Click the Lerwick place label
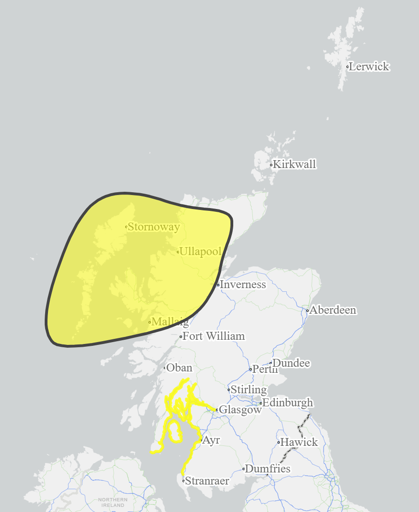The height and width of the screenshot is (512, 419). [x=369, y=67]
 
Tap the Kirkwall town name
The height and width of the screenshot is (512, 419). [x=295, y=164]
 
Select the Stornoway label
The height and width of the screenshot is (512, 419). [x=154, y=227]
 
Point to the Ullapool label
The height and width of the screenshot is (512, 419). [x=201, y=252]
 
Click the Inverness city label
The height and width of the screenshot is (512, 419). [x=243, y=284]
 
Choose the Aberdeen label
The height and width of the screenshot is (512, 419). [x=333, y=310]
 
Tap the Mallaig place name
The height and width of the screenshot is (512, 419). [x=170, y=322]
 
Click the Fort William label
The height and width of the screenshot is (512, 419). [x=214, y=336]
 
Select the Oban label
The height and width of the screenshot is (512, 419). [x=179, y=368]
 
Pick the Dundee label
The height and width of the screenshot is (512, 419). [x=291, y=363]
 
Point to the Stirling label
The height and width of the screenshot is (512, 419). [x=249, y=390]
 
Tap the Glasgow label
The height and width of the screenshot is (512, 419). [x=240, y=410]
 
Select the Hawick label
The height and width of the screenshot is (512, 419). [x=299, y=442]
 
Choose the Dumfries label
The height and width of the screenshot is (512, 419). [x=268, y=469]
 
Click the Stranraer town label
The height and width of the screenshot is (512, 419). [x=207, y=481]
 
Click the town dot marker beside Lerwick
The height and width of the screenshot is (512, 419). [x=348, y=67]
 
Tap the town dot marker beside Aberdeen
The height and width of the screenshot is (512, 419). [x=307, y=310]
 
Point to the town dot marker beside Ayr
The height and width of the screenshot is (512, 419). [x=201, y=440]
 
